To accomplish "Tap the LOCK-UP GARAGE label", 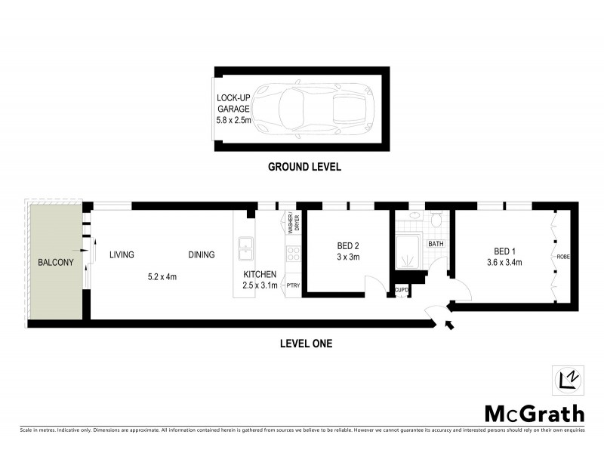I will (233, 108).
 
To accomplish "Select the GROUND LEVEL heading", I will (305, 167).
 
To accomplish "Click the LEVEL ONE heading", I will (301, 344).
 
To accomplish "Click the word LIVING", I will (121, 255).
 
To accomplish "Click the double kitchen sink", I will (246, 248).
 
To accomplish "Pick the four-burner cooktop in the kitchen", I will (293, 254).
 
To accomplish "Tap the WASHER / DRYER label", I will (291, 224).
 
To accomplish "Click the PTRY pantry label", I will (293, 285).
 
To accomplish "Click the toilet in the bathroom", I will (435, 220).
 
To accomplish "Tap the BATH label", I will (436, 244).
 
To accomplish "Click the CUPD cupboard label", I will (401, 291).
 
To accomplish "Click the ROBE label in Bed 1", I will (563, 257).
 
